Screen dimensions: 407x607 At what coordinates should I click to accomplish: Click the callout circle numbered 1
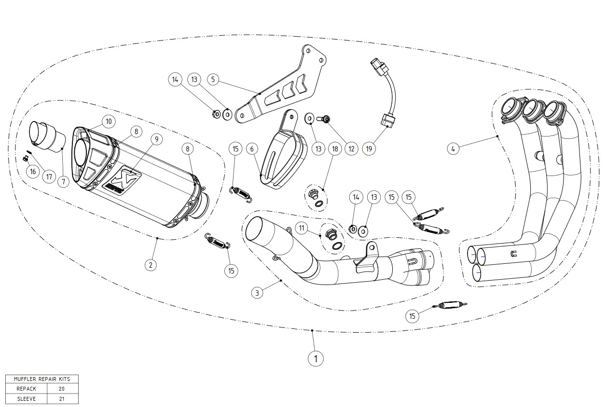316,358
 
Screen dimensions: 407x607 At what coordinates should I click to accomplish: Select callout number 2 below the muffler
151,264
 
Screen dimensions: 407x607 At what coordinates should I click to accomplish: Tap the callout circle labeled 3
258,292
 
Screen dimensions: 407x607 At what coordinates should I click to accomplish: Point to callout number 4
453,149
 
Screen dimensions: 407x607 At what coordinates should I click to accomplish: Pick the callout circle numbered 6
252,149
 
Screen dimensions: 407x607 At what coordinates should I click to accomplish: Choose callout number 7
63,182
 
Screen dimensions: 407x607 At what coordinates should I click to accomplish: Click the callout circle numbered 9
155,139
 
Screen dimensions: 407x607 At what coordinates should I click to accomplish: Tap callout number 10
108,121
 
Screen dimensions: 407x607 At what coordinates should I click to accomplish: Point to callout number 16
32,171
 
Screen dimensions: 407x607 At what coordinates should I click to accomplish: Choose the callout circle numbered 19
369,149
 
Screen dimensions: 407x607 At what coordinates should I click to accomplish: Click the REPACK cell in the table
26,389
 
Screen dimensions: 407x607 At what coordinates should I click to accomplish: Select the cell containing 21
62,399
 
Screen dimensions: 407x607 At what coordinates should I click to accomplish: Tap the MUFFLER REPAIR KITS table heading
42,379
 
